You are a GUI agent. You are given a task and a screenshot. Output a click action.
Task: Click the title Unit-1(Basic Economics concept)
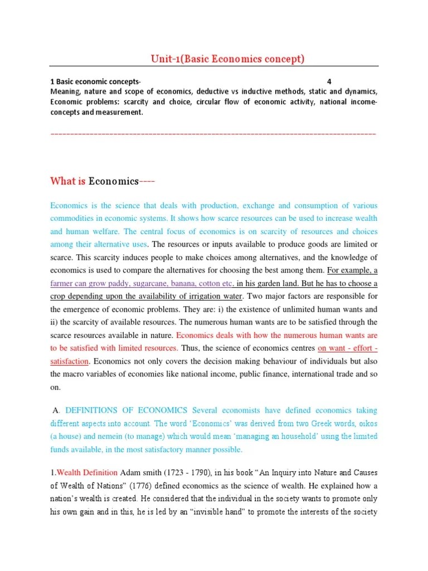(228, 59)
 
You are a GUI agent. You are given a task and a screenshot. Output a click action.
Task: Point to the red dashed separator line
(213, 134)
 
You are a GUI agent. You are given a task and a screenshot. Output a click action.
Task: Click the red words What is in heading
(67, 181)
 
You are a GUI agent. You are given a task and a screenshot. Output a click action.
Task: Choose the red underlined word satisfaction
(70, 361)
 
